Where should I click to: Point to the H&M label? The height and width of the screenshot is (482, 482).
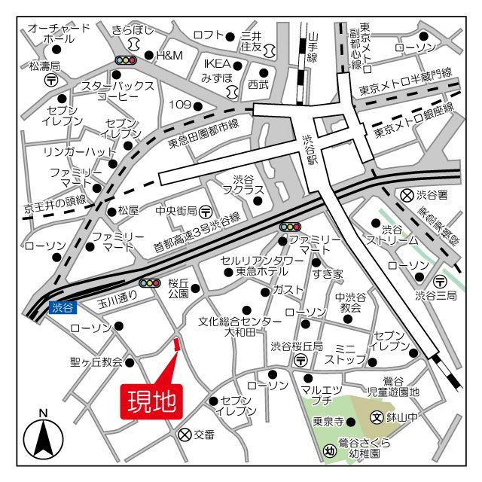tap(169, 55)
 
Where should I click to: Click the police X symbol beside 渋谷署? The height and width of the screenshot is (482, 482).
tap(407, 195)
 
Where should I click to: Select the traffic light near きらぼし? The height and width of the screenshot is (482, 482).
tap(125, 59)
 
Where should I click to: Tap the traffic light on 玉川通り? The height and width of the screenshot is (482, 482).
tap(151, 282)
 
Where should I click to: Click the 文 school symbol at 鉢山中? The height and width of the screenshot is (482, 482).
tap(377, 416)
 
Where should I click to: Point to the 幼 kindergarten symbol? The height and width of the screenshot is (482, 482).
tap(329, 450)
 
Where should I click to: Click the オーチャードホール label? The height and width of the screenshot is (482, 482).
tap(57, 34)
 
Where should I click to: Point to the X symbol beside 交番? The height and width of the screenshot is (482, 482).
tap(184, 435)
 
